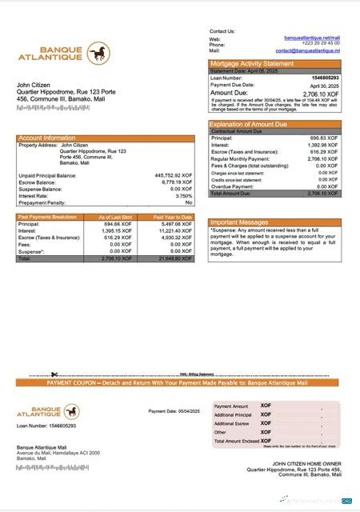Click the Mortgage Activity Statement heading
(252, 63)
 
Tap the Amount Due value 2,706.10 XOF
(322, 93)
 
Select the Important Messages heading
(240, 222)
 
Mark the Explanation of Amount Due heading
(248, 125)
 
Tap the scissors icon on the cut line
(54, 374)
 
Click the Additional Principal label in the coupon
(233, 415)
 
